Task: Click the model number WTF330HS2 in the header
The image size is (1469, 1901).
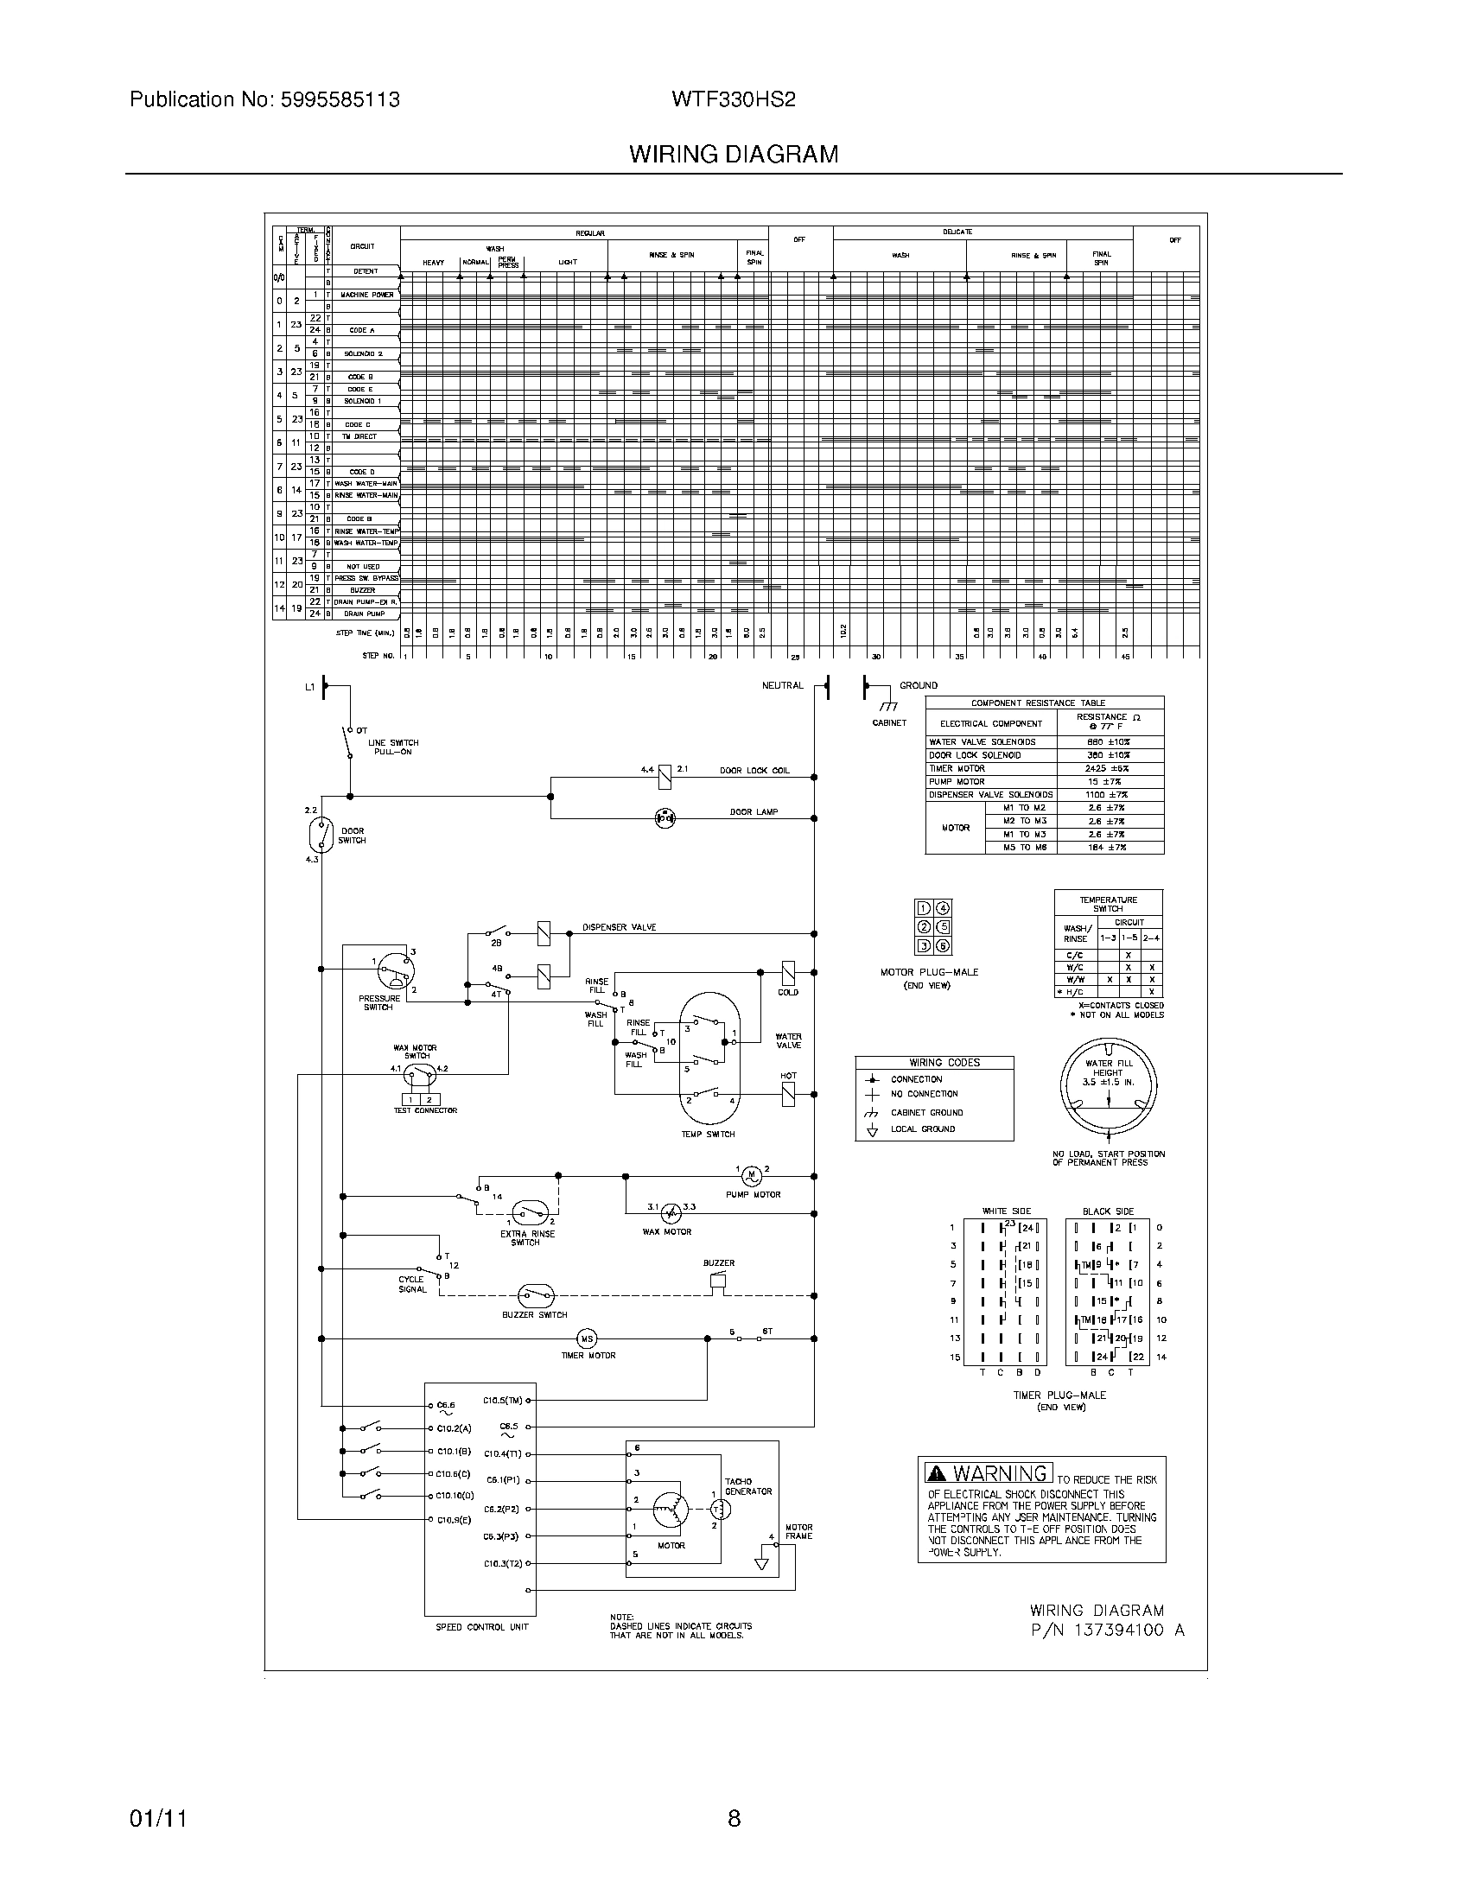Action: [x=733, y=99]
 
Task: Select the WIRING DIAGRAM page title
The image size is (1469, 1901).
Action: [x=733, y=154]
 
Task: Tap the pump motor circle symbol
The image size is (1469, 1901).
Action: [x=751, y=1176]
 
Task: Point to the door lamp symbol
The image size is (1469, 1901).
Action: [x=665, y=817]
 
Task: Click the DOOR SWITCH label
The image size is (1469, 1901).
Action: [x=352, y=836]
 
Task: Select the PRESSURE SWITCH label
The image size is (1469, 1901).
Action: [x=378, y=1002]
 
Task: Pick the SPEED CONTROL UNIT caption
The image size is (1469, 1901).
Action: [x=481, y=1627]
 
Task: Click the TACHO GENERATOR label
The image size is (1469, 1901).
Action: [x=748, y=1486]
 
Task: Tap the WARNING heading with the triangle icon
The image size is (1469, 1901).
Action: [x=989, y=1473]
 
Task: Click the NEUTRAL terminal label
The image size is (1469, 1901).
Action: [x=782, y=686]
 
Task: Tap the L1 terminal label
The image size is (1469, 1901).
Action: [x=309, y=688]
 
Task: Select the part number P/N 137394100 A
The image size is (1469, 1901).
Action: [x=1107, y=1631]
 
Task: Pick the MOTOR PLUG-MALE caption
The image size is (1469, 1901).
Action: [x=929, y=972]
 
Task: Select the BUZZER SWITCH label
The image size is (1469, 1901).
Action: [x=534, y=1314]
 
